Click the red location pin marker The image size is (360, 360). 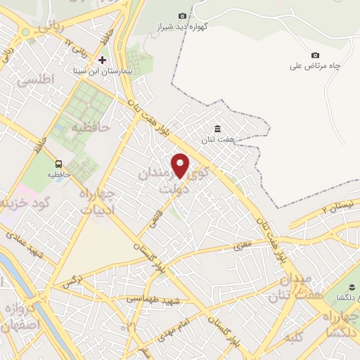(x=181, y=166)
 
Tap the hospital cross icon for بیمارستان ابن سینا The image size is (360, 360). (x=103, y=60)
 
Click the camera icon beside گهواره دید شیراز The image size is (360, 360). (x=183, y=15)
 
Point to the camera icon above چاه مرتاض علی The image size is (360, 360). (x=314, y=55)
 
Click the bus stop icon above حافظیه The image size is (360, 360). (x=58, y=161)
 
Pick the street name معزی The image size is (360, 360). (x=243, y=247)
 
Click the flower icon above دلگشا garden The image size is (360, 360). (x=340, y=285)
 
